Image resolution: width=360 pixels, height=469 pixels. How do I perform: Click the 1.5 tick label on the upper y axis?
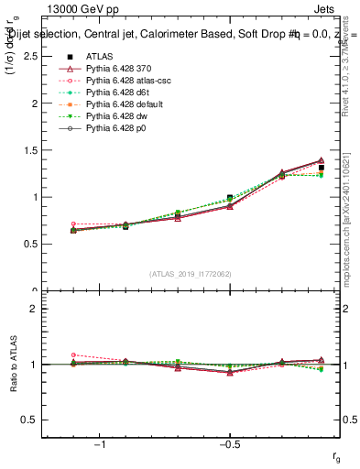29,150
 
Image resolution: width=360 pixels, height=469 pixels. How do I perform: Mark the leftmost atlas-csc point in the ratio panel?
73,354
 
